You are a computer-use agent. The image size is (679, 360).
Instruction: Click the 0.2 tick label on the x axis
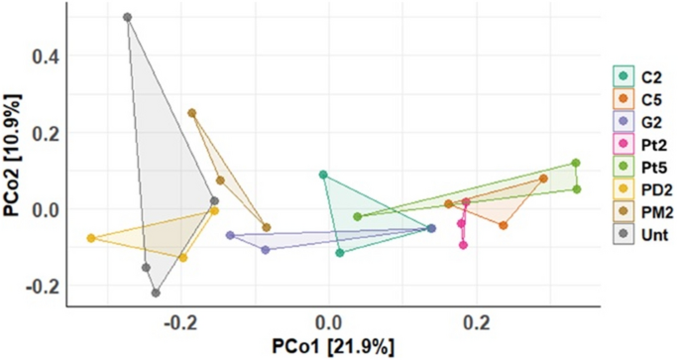478,322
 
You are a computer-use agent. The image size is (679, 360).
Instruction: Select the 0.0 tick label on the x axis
328,322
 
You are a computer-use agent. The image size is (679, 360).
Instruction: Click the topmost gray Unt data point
128,18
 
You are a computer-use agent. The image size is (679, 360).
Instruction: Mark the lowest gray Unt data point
156,293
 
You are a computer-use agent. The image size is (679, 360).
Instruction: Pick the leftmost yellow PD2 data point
91,238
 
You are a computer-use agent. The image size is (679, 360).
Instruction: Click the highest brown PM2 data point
192,113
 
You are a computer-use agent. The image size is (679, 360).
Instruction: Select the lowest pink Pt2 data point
463,245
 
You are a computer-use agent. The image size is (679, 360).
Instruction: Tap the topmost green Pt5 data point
575,164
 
